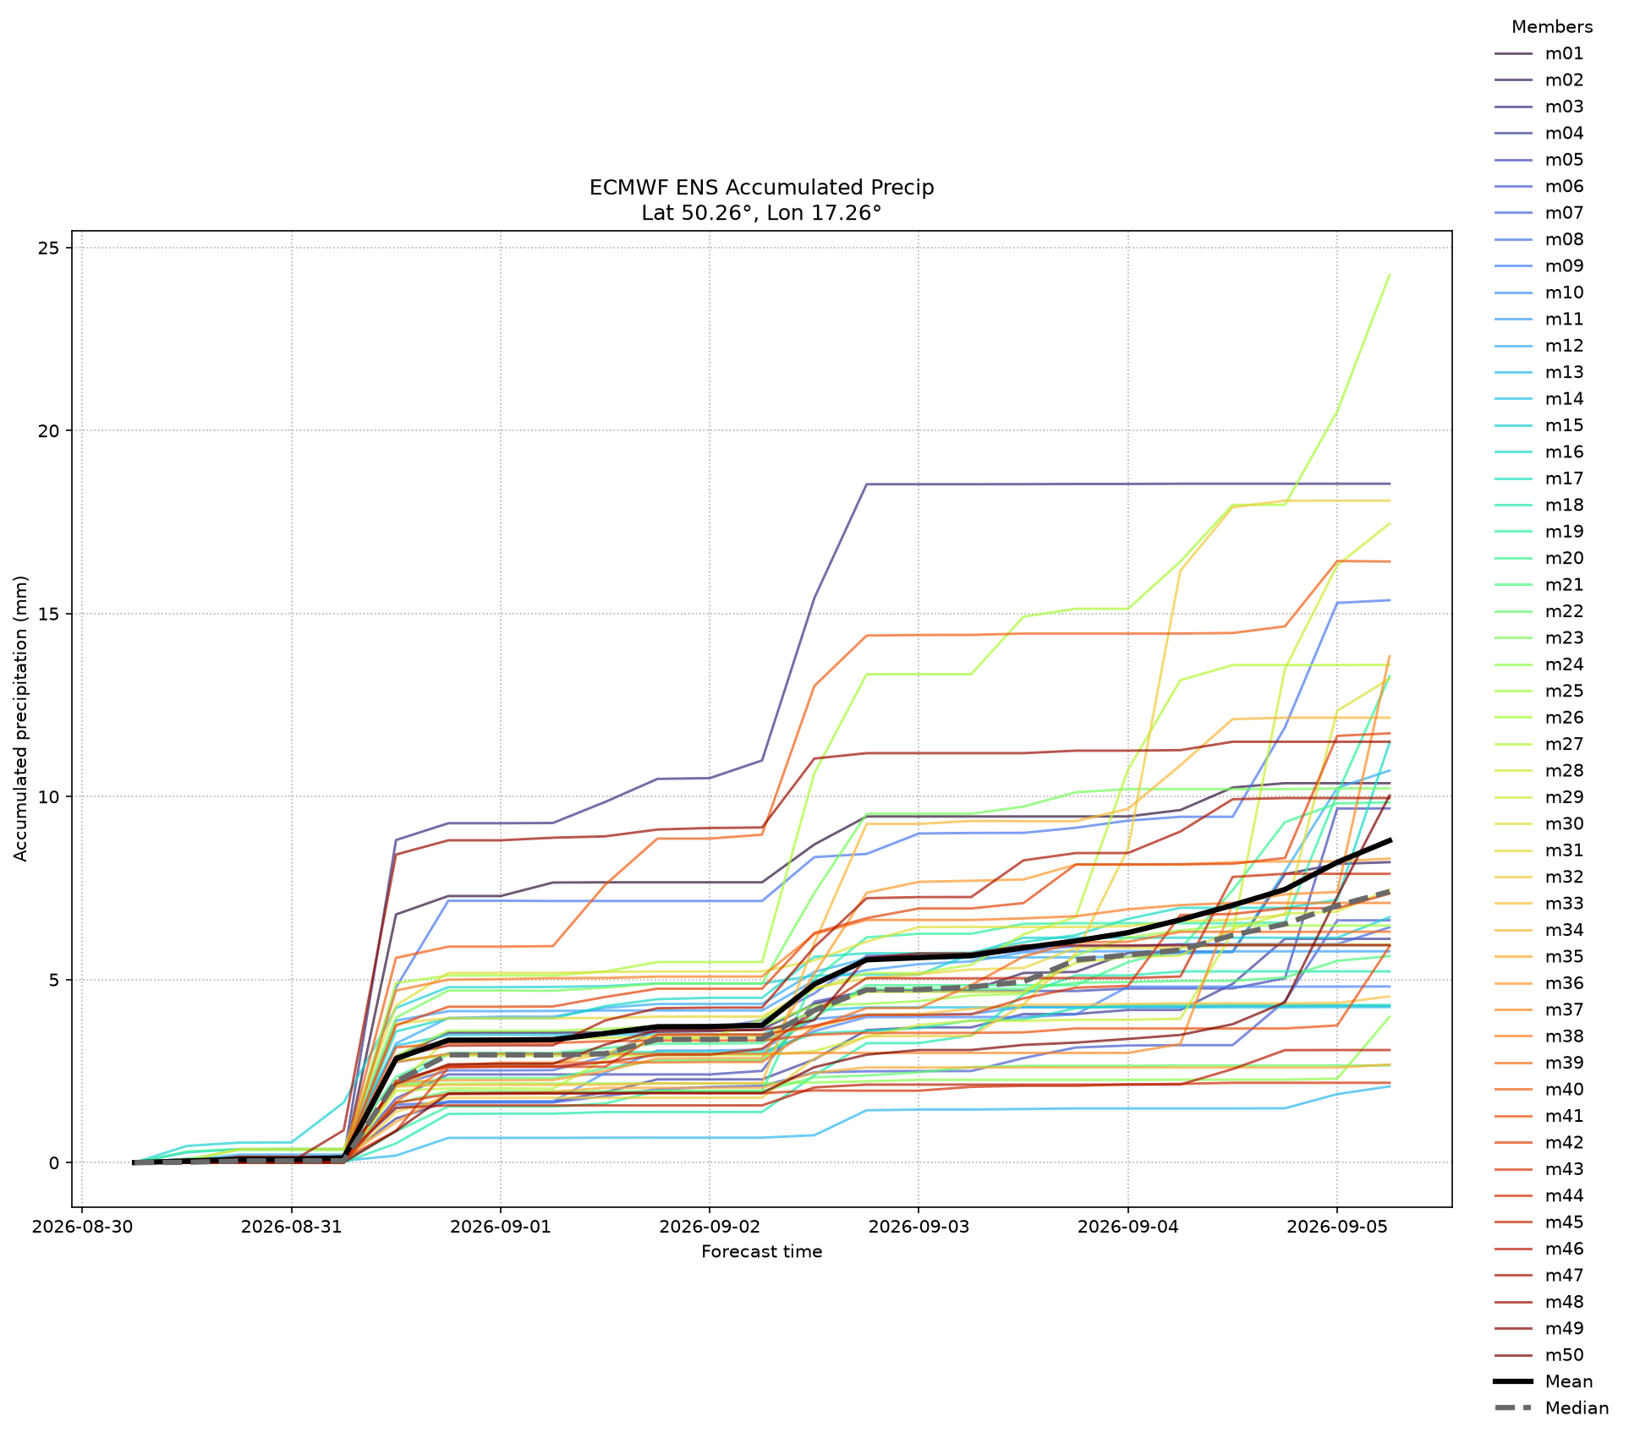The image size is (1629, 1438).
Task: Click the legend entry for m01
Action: point(1538,53)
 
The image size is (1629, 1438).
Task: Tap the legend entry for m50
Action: point(1538,1355)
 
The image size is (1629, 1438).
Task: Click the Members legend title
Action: point(1552,26)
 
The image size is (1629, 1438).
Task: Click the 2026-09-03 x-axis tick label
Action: point(918,1227)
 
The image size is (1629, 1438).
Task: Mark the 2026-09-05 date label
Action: point(1336,1227)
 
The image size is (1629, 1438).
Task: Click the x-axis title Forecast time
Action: point(761,1252)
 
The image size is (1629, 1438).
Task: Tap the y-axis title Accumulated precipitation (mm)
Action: point(21,719)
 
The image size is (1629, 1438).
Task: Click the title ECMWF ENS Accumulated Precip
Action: point(761,188)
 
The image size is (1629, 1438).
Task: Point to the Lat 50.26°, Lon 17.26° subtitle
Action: point(761,213)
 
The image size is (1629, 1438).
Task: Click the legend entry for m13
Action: point(1538,372)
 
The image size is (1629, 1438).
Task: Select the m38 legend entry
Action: point(1538,1036)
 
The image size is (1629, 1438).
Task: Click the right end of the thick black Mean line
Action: point(1390,840)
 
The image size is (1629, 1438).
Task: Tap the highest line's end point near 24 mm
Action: point(1390,275)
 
